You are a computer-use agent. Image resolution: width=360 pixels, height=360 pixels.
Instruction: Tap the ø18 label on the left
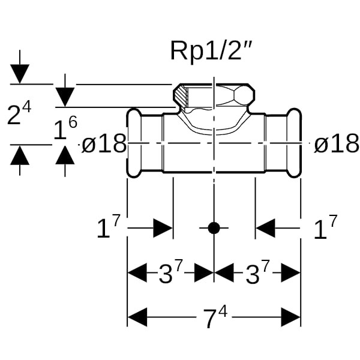click(x=104, y=144)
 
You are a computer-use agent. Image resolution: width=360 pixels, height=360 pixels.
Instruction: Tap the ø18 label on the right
click(x=337, y=144)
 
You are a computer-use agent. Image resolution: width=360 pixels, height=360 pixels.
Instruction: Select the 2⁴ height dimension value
click(x=19, y=114)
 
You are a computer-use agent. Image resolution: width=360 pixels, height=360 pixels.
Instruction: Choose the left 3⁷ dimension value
click(x=170, y=274)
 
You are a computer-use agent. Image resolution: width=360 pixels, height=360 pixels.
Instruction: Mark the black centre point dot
click(x=214, y=228)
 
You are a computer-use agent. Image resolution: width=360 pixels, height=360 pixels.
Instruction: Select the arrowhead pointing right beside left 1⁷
click(x=163, y=228)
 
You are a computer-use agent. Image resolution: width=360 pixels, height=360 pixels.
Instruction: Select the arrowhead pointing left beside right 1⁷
click(x=266, y=228)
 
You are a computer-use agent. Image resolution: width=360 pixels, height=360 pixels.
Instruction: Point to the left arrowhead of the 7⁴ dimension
click(x=137, y=317)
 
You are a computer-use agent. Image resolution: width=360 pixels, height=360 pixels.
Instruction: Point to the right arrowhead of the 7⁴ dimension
click(x=291, y=317)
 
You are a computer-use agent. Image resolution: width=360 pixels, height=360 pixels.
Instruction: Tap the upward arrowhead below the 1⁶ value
click(x=65, y=154)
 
